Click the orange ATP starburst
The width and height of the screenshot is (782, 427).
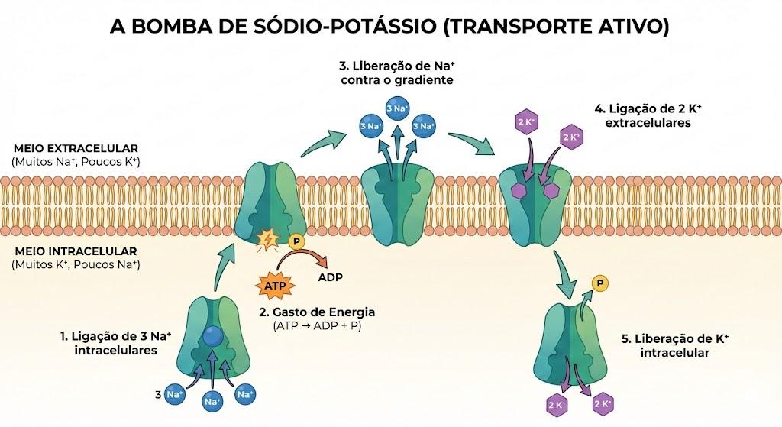[x=275, y=286]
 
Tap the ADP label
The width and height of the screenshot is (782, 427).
[x=330, y=277]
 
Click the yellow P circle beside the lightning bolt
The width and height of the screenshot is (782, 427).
[x=296, y=242]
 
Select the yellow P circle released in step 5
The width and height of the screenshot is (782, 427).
[x=600, y=284]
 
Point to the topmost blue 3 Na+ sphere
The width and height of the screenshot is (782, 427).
[x=397, y=108]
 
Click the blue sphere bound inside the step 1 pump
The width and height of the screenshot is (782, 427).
[x=214, y=336]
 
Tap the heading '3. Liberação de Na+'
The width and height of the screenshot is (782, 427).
[x=397, y=66]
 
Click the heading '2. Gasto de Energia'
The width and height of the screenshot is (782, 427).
[x=317, y=312]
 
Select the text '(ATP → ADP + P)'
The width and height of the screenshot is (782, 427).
[x=317, y=325]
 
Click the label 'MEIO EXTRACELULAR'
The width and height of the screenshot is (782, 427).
[x=76, y=148]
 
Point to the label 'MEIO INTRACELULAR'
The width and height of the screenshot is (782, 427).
[x=76, y=251]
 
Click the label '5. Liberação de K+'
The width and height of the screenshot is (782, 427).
[x=675, y=339]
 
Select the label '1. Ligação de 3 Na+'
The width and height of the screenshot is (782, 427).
[x=116, y=336]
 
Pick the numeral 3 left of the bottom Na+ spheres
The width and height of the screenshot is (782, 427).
[x=158, y=395]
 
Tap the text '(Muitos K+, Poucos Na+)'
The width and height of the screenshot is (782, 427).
[x=76, y=264]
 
